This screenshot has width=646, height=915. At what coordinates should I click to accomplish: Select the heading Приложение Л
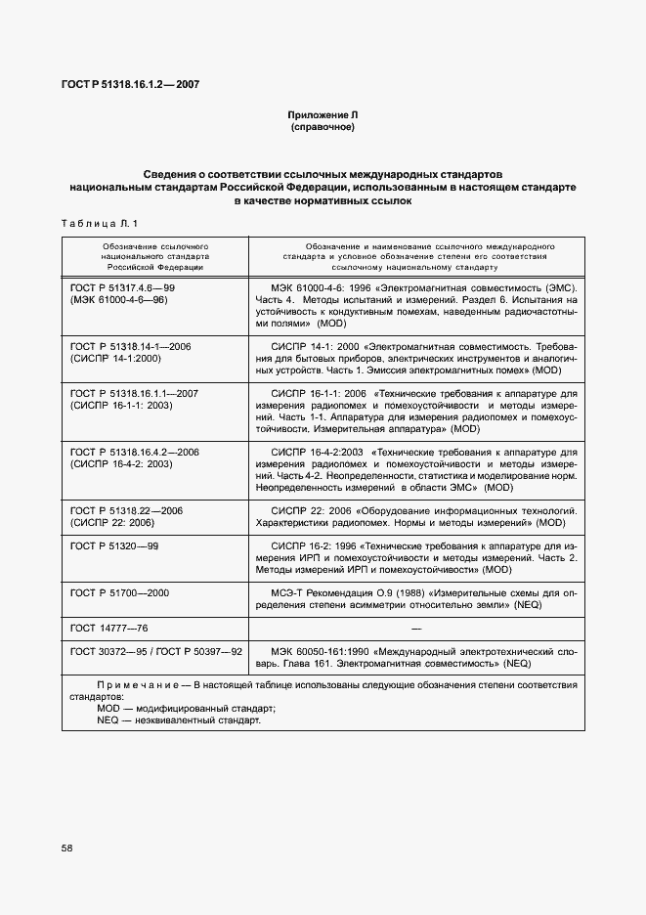tap(323, 115)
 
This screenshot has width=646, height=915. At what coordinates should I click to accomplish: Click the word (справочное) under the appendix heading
tap(323, 127)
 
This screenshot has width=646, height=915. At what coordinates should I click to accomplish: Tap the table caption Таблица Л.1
tap(100, 224)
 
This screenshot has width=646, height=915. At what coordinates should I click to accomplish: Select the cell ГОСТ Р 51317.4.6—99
tap(122, 289)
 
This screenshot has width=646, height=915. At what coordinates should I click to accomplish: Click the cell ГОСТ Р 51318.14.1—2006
tap(130, 346)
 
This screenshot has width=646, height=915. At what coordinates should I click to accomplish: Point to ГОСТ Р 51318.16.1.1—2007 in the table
tap(134, 393)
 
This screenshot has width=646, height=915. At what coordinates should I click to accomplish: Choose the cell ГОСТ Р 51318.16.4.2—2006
tap(134, 452)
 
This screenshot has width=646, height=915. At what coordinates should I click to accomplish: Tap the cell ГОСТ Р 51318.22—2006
tap(126, 510)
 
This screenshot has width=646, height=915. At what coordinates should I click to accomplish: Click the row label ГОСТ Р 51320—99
tap(113, 545)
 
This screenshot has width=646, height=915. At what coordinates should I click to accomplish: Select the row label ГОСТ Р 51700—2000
tap(119, 592)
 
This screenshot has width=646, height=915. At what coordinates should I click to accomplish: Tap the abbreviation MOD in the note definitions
tap(108, 709)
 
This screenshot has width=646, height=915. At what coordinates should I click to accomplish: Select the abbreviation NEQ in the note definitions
tap(108, 720)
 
